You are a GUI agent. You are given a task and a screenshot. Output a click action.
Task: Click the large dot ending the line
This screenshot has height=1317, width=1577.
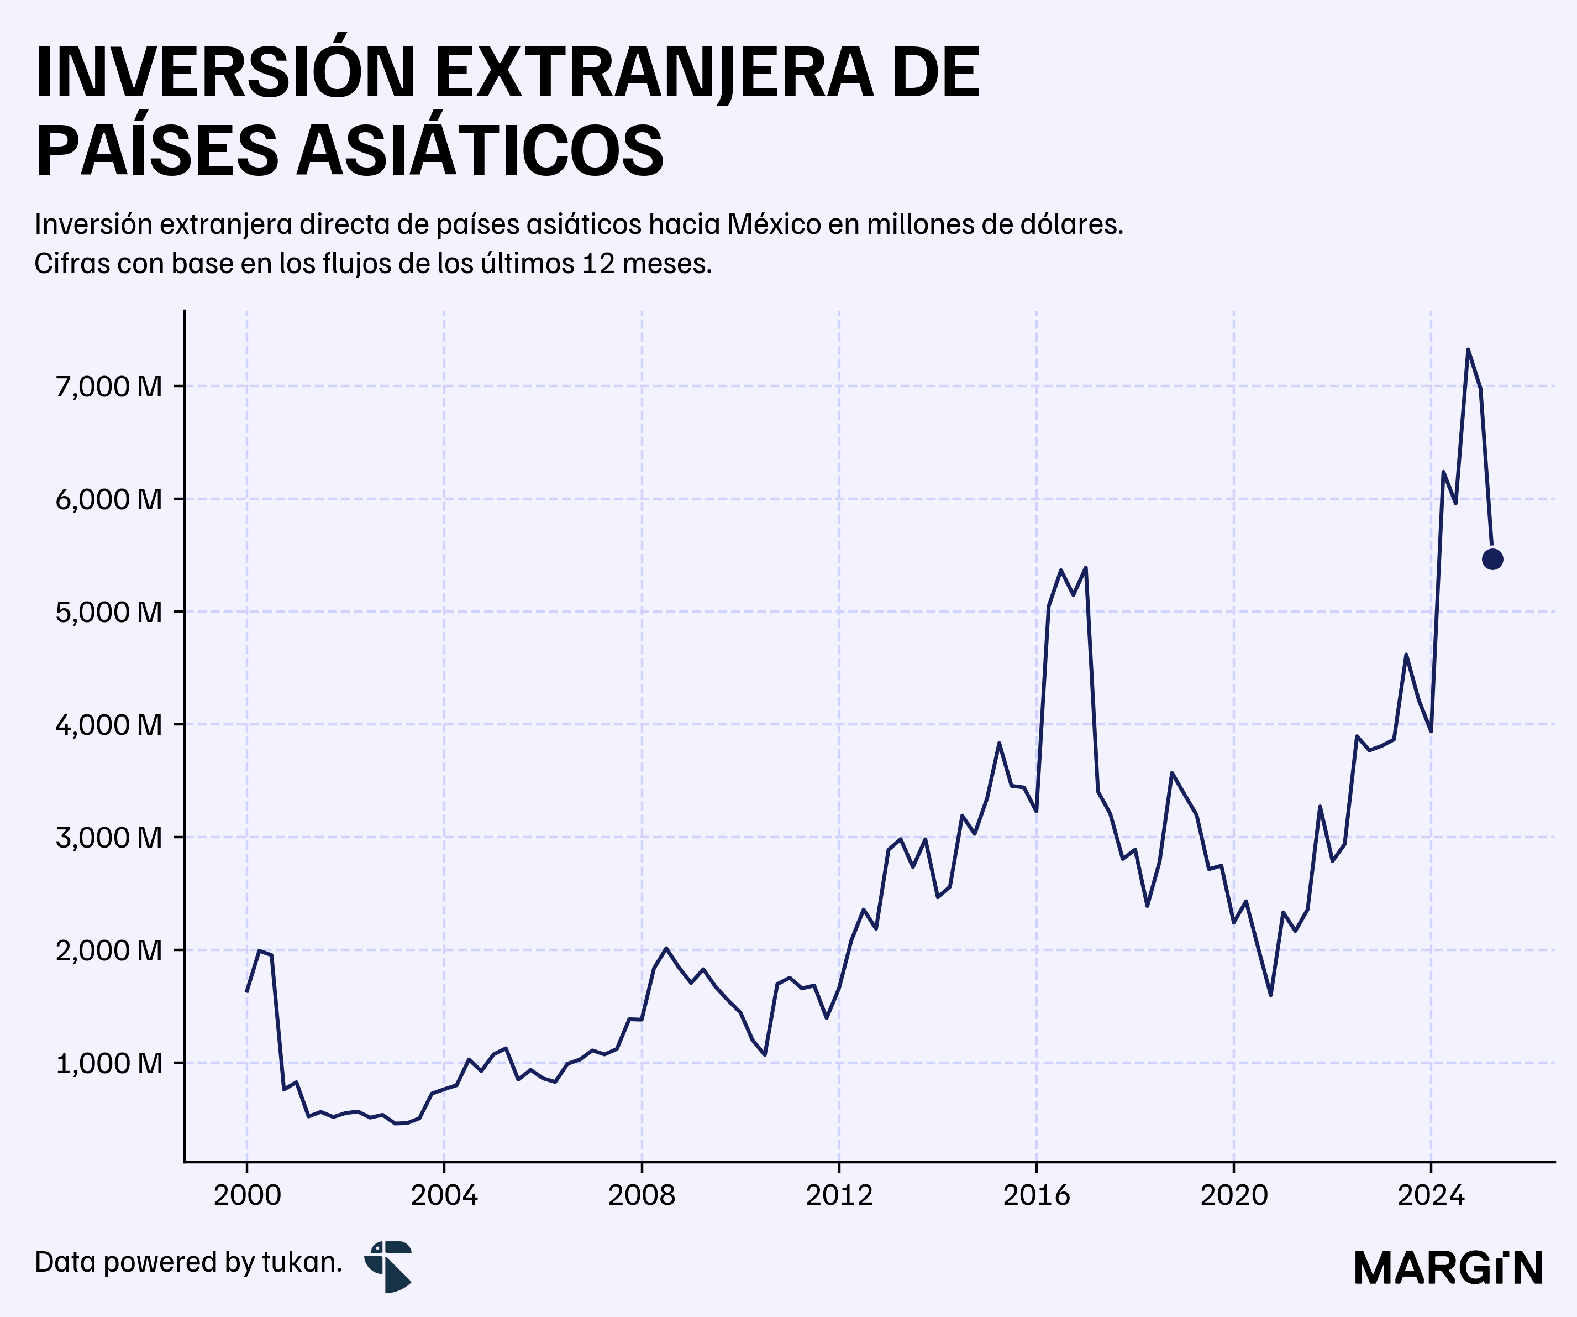click(1492, 559)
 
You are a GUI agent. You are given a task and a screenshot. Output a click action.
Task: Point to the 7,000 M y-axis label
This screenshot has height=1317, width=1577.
click(109, 387)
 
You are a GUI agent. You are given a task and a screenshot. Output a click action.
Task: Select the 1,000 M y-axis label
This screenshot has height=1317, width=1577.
click(109, 1063)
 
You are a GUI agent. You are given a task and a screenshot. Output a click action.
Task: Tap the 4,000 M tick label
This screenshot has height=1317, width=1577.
click(109, 725)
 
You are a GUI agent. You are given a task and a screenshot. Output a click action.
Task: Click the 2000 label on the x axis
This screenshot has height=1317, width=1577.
click(247, 1195)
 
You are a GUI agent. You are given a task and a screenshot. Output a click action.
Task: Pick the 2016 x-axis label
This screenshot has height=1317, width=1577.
click(1036, 1195)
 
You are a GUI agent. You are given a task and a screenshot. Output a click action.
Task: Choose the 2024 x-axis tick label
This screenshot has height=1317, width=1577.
click(1431, 1195)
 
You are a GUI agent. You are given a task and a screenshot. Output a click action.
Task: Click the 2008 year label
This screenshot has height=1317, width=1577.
click(642, 1195)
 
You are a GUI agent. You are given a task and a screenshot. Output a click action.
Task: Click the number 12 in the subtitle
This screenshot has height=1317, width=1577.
click(598, 264)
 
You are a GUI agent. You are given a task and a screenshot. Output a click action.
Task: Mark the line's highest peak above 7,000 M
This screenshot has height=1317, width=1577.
click(1468, 349)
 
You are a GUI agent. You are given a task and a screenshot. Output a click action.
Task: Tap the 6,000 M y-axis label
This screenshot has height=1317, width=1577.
click(109, 500)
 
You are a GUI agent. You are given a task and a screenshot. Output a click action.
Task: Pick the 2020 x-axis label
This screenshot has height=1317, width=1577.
click(1234, 1195)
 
